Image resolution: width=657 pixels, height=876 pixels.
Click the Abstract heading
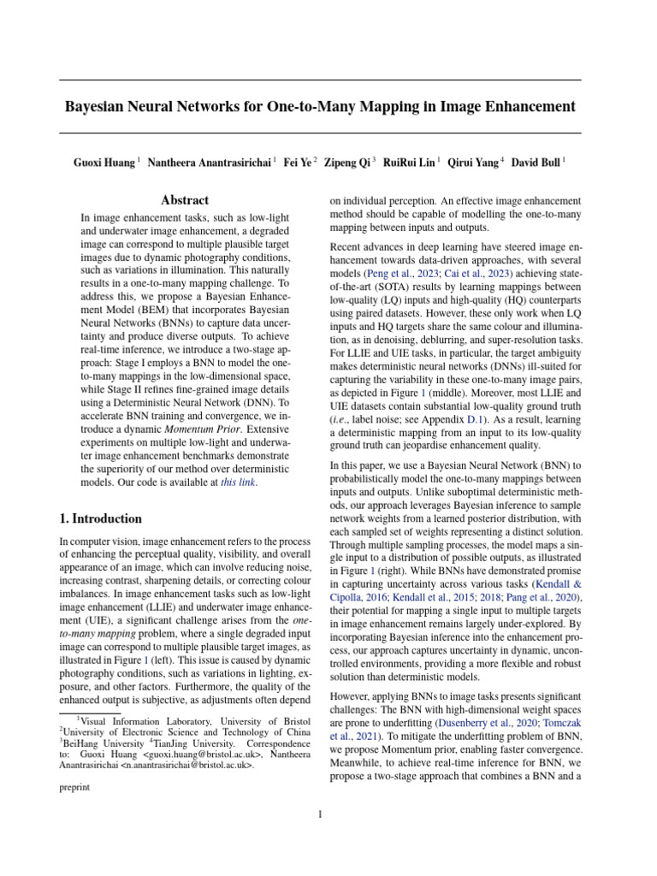185,200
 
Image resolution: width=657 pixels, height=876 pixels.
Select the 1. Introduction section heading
100,518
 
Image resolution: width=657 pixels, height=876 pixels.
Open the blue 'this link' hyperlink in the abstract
238,482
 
